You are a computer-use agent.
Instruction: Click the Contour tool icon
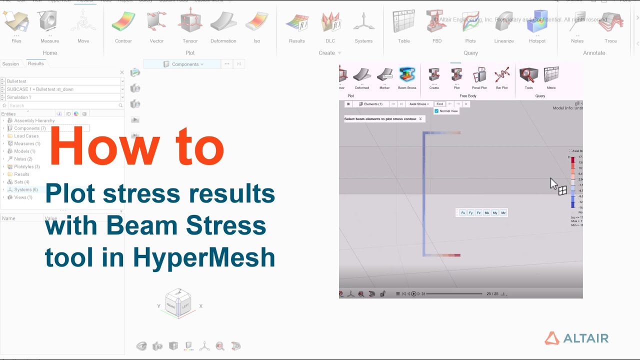tap(123, 22)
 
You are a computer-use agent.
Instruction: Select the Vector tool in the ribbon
tap(156, 22)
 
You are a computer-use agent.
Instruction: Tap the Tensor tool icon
tap(190, 22)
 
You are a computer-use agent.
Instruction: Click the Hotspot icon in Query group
tap(537, 22)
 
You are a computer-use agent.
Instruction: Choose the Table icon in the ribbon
tap(403, 22)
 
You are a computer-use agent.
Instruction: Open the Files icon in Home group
tap(16, 22)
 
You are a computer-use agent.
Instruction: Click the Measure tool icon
tap(49, 22)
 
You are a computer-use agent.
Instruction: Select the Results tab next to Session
tap(35, 63)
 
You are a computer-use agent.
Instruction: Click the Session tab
tap(10, 64)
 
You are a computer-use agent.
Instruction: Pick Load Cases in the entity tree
tap(26, 136)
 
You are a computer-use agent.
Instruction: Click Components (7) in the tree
tap(29, 128)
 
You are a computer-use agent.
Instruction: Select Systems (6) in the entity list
tap(25, 189)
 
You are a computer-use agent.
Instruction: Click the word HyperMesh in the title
tap(204, 257)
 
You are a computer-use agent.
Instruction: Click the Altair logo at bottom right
tap(576, 338)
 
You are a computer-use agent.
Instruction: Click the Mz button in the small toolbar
tap(503, 213)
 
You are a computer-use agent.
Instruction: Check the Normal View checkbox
tap(436, 111)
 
